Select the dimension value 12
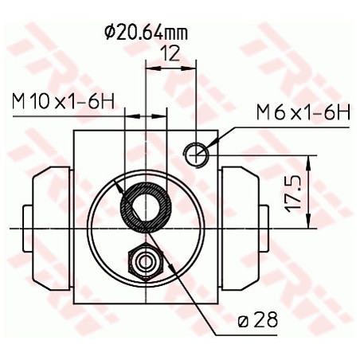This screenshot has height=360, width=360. (168, 54)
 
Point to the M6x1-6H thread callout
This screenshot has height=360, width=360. (303, 113)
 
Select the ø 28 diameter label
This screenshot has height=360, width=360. (256, 320)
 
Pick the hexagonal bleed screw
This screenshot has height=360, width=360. (145, 259)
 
